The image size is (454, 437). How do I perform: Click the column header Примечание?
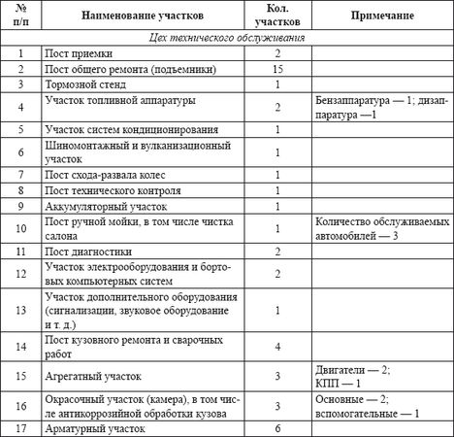(x=379, y=17)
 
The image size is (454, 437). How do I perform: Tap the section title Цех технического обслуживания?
(x=225, y=37)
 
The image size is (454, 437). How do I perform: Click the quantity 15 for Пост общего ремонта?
(x=277, y=70)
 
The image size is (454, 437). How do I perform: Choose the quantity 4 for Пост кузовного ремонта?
(x=277, y=347)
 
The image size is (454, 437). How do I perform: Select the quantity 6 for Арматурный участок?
(x=277, y=428)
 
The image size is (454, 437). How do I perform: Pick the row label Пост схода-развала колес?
(x=113, y=174)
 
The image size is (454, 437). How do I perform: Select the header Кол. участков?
(x=277, y=17)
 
